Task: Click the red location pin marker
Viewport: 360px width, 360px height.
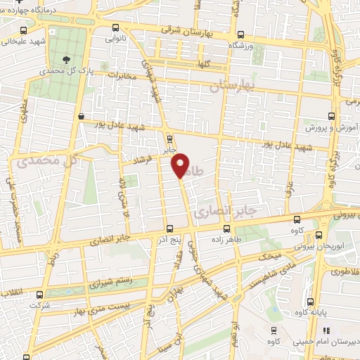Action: coord(181,165)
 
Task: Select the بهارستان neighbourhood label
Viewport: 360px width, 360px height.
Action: coord(234,86)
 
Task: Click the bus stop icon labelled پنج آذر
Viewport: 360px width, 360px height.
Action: coord(169,229)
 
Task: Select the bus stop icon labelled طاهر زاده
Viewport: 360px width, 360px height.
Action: coord(226,229)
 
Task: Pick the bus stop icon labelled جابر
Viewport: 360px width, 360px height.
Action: coord(169,138)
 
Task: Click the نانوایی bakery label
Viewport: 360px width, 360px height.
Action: coord(116,40)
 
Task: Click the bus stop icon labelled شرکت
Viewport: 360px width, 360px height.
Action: coord(39,295)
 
